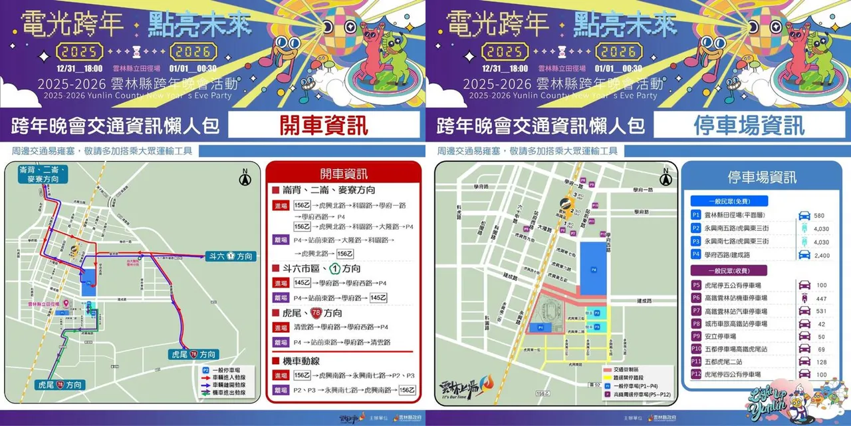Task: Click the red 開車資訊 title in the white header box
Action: pyautogui.click(x=324, y=124)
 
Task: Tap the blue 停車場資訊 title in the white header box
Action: pyautogui.click(x=749, y=124)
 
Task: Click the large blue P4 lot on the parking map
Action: pyautogui.click(x=594, y=266)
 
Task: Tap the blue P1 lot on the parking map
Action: pyautogui.click(x=541, y=327)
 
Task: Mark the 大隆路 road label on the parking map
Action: pyautogui.click(x=545, y=230)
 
